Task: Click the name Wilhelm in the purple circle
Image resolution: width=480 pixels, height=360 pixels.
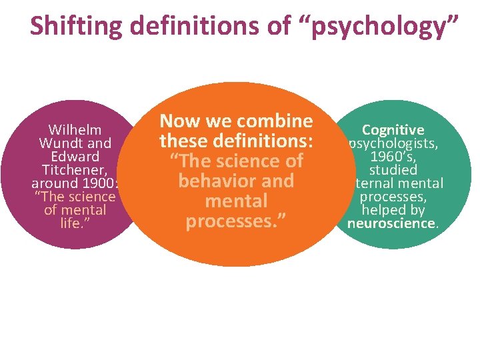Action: (75, 130)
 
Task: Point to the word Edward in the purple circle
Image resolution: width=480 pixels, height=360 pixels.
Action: (75, 157)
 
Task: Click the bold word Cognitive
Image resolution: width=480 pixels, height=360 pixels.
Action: (393, 131)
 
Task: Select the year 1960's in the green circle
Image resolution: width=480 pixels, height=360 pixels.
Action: (393, 157)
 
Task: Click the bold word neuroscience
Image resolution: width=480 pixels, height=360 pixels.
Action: (391, 223)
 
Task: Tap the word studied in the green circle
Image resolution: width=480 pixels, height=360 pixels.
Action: (395, 170)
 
